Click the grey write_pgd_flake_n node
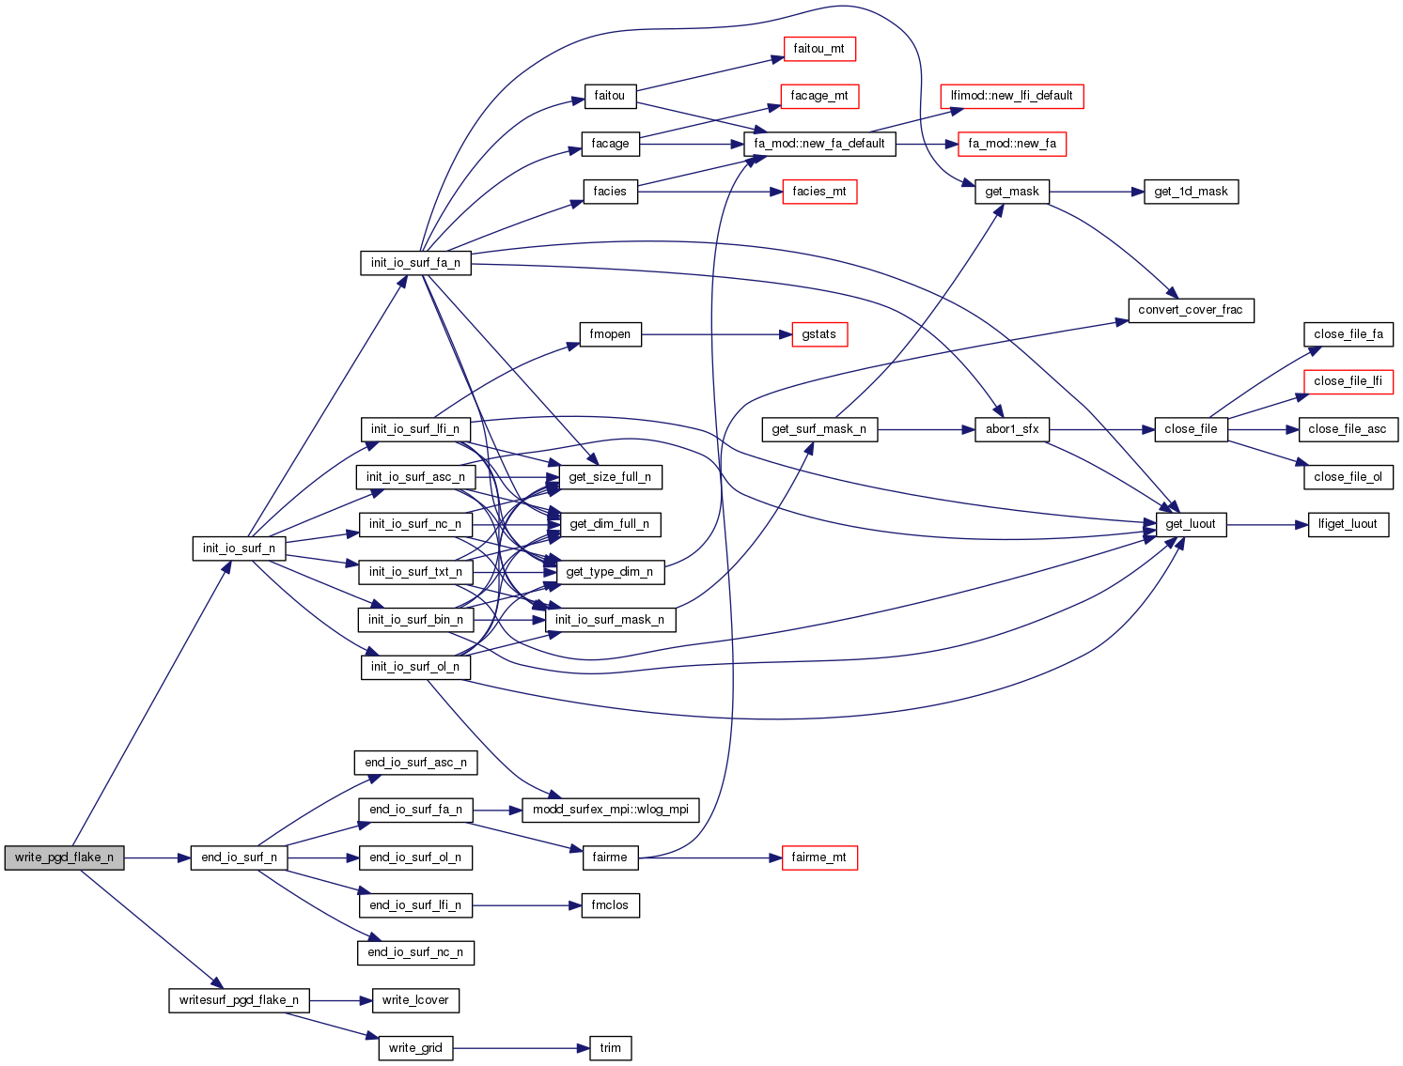pyautogui.click(x=64, y=857)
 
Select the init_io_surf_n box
pyautogui.click(x=239, y=548)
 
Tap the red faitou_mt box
pyautogui.click(x=818, y=49)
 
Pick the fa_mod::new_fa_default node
pyautogui.click(x=819, y=144)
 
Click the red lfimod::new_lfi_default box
pyautogui.click(x=1011, y=96)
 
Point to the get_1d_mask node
pyautogui.click(x=1191, y=192)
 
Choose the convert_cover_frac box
pyautogui.click(x=1190, y=310)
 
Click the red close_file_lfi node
pyautogui.click(x=1348, y=381)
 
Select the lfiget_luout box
pyautogui.click(x=1348, y=524)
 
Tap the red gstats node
pyautogui.click(x=818, y=334)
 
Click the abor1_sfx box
pyautogui.click(x=1012, y=429)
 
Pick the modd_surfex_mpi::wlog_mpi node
pyautogui.click(x=610, y=810)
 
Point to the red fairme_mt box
pyautogui.click(x=818, y=857)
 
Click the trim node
pyautogui.click(x=610, y=1048)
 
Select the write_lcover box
pyautogui.click(x=415, y=1000)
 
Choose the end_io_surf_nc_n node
pyautogui.click(x=415, y=952)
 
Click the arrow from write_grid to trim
pyautogui.click(x=522, y=1048)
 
